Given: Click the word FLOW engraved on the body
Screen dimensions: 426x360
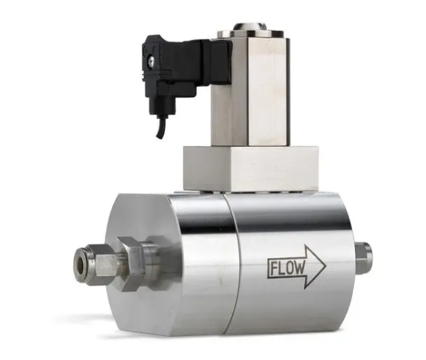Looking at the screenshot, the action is [x=287, y=268].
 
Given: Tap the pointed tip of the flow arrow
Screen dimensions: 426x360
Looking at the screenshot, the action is [x=326, y=266].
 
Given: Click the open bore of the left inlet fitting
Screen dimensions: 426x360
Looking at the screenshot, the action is [x=81, y=263].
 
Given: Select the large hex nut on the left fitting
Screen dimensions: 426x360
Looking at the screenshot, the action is [x=130, y=263].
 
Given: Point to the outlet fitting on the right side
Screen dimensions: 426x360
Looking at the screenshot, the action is [x=363, y=257].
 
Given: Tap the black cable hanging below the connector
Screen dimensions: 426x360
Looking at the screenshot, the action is [x=160, y=127].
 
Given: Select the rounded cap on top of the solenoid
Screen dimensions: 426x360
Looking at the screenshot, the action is [x=250, y=27].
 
